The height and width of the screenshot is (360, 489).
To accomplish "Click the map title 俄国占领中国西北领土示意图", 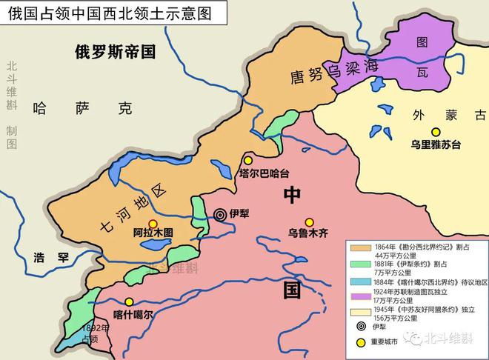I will pos(104,13).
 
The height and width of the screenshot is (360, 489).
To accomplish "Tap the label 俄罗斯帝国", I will pos(115,51).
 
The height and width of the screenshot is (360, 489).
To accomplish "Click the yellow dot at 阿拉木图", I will pos(153,223).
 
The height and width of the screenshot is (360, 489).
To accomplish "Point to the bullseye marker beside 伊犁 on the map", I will pos(219,214).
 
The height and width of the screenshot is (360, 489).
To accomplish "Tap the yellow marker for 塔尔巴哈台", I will pos(248,160).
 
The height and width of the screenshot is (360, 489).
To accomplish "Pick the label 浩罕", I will pos(52,259).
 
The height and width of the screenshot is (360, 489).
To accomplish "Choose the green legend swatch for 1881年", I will pos(360,264).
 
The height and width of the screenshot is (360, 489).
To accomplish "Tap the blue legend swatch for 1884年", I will pos(360,281).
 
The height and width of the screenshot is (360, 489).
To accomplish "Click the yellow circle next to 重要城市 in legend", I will pos(361,342).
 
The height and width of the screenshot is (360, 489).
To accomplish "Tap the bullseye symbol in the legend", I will pos(361,327).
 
